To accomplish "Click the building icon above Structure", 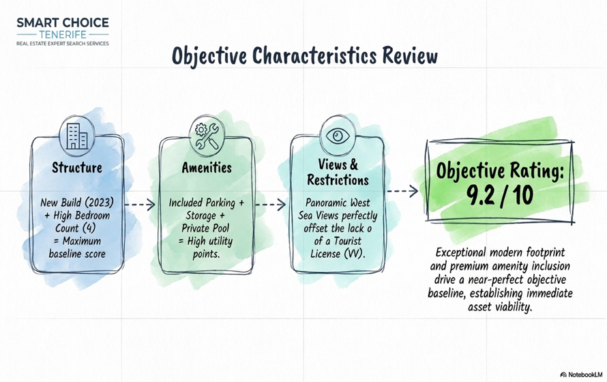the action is point(76,136).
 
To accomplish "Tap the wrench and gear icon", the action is point(207,136).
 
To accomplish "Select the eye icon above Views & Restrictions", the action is point(338,136).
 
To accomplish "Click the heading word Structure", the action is point(77,168).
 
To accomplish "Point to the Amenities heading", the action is point(207,168).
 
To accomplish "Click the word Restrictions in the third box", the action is point(338,180).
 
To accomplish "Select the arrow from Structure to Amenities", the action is point(140,205).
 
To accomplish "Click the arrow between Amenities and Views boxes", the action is point(271,205).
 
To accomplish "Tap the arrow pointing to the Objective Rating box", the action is point(402,191).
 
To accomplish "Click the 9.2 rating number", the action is point(480,195).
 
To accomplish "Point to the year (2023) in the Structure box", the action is point(99,203).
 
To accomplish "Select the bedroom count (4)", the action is point(89,229).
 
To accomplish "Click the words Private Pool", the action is point(205,228).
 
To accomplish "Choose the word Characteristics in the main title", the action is point(314,56).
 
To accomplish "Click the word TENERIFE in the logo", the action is point(63,34).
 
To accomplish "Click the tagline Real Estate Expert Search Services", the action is point(63,44).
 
